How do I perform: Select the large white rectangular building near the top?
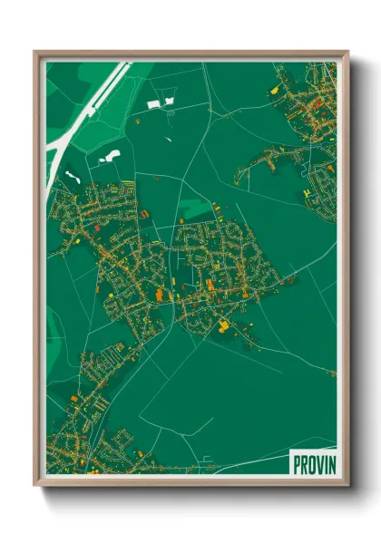[153, 104]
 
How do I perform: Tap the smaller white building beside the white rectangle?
[169, 100]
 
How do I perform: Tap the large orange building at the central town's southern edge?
[222, 323]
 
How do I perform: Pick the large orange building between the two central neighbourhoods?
[163, 295]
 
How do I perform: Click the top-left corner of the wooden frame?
[35, 52]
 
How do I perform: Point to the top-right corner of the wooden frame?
[347, 52]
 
